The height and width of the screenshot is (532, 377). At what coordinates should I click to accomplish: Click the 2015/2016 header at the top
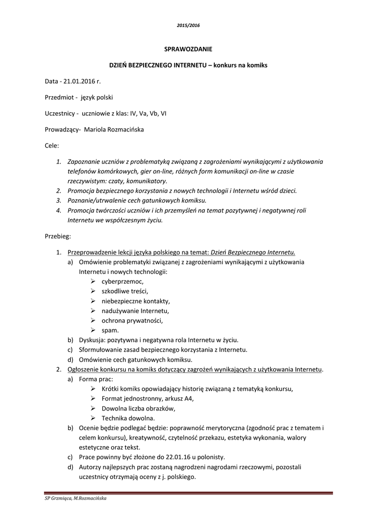188,25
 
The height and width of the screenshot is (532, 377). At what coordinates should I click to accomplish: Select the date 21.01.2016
80,81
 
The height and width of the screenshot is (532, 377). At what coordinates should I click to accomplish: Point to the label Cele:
52,145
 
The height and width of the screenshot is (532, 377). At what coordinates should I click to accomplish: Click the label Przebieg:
57,236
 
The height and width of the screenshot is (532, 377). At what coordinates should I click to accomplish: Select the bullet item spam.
110,330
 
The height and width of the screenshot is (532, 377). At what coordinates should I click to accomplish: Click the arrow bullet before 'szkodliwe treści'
93,291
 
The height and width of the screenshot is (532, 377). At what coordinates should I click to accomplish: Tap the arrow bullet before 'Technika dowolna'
93,418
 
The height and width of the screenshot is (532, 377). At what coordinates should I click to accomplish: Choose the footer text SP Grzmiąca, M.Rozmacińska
76,499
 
